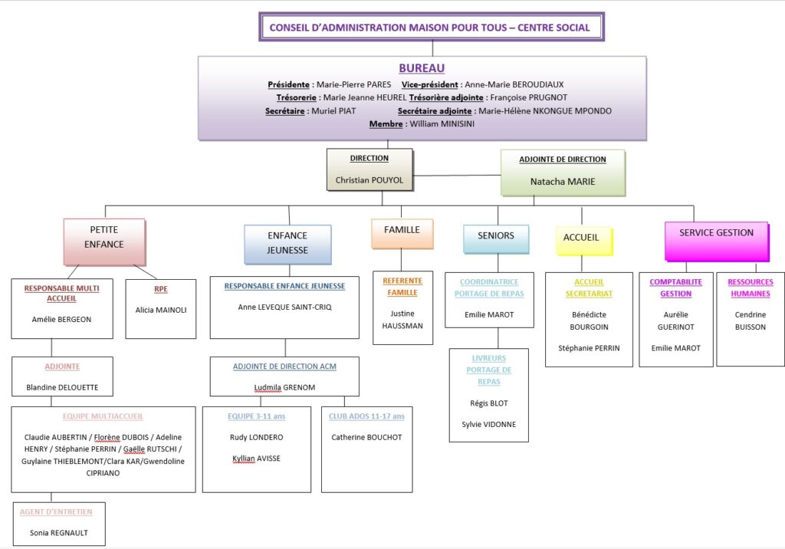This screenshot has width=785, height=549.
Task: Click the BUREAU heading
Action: pos(422,68)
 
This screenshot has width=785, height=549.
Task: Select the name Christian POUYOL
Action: pos(370,180)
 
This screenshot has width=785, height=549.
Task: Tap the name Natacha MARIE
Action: pos(563,182)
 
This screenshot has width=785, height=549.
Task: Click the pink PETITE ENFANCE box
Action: pos(105,237)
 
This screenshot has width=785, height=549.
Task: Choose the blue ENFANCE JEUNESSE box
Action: pos(287,243)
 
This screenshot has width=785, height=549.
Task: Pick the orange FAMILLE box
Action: pos(402,230)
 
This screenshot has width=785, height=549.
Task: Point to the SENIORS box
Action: pos(496,235)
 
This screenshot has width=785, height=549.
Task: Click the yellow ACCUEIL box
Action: pos(581,238)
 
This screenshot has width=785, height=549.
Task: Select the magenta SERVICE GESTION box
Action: pos(716,233)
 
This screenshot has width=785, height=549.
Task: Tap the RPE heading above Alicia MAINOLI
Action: pos(161,289)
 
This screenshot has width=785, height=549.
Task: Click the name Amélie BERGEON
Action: pos(62,319)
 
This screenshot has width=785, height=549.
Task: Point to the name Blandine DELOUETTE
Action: pos(62,387)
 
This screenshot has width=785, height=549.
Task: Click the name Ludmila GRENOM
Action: pos(284,387)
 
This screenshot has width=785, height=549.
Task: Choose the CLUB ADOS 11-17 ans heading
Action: pos(366,416)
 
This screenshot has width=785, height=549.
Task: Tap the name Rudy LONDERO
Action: pos(257,437)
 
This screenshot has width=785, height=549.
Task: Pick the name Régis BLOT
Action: pos(489,403)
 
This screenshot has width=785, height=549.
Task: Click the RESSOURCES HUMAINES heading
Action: pos(751,288)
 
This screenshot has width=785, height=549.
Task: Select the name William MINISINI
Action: pos(442,123)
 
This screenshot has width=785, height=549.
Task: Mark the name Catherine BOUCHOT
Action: pos(366,437)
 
